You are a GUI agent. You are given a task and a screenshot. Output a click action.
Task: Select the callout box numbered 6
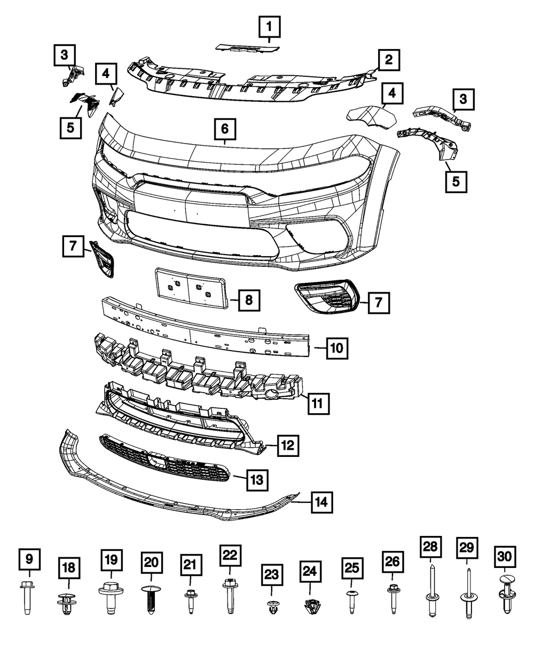click(225, 128)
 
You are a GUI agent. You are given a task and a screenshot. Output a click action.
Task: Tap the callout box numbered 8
click(249, 300)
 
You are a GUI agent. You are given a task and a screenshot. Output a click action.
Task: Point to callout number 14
click(321, 502)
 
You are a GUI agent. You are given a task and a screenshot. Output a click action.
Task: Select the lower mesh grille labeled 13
click(166, 459)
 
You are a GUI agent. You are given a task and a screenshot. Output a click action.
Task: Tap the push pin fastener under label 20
click(150, 600)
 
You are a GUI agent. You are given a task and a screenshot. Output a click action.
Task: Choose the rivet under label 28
click(430, 592)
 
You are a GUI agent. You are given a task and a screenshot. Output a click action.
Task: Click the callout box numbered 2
click(389, 59)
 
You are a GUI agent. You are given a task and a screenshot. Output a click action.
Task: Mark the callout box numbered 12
click(288, 445)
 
